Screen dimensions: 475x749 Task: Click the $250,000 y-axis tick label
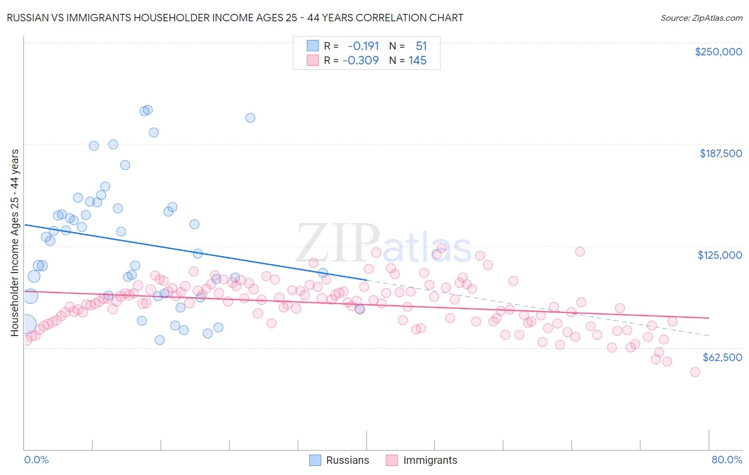click(718, 52)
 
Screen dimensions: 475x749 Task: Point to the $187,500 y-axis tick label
click(720, 153)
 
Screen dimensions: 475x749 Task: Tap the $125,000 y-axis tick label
click(720, 255)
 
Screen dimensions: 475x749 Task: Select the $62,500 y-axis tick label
click(722, 357)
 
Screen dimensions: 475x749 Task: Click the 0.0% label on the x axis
click(36, 460)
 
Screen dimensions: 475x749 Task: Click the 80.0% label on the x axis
click(727, 460)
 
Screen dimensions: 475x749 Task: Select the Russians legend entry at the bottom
click(339, 460)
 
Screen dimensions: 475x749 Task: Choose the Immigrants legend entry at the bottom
click(421, 460)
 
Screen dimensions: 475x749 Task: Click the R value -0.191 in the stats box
click(363, 46)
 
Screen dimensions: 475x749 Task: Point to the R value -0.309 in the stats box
click(361, 61)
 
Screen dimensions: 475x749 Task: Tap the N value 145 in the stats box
click(417, 61)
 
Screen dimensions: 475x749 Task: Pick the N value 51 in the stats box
click(421, 46)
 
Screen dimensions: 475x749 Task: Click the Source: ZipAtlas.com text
click(701, 18)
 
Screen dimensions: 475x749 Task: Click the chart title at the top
click(234, 18)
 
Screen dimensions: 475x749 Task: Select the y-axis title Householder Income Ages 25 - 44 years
click(15, 242)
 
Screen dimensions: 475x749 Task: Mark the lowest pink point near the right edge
click(695, 372)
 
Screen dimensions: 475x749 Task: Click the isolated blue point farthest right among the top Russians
click(250, 118)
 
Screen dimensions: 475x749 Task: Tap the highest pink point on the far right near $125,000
click(580, 251)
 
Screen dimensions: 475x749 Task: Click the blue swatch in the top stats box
click(312, 46)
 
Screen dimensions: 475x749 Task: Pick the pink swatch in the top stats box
click(312, 61)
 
